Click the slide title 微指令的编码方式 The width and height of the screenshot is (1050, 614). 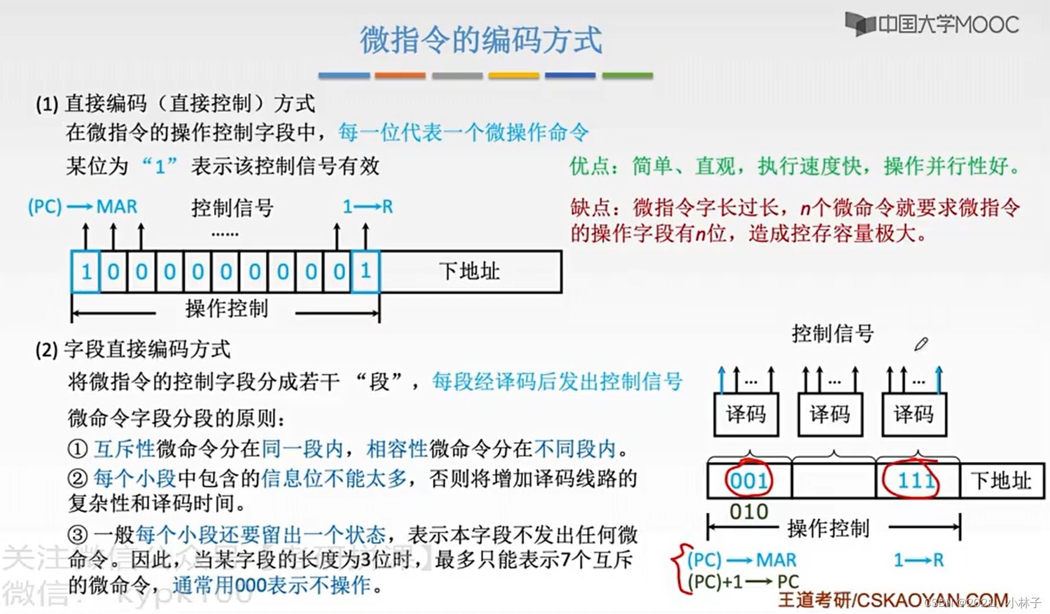tap(481, 39)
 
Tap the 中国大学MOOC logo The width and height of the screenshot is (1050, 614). tap(932, 24)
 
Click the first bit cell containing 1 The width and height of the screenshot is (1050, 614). tap(86, 271)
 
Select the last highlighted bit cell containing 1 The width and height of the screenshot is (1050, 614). tap(365, 271)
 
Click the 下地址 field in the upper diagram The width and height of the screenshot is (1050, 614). tap(469, 271)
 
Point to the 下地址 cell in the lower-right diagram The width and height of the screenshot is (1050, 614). tap(1001, 481)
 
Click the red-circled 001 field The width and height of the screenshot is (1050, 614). tap(748, 481)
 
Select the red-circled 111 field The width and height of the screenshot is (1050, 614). tap(915, 481)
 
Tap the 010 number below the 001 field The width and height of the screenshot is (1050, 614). tap(748, 512)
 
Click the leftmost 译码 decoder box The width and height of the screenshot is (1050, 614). tap(746, 414)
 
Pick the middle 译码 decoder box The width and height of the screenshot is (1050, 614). tap(830, 414)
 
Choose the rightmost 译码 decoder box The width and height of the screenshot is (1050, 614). tap(914, 414)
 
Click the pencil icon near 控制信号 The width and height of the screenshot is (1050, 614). tap(921, 344)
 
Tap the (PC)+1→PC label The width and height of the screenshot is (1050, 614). tap(743, 582)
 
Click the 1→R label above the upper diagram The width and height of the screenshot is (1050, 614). tap(368, 207)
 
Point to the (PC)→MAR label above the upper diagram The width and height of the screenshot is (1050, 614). tap(82, 207)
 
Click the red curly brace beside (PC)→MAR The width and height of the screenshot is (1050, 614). tap(678, 568)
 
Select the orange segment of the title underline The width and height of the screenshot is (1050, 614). tap(400, 75)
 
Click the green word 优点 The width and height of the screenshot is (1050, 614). tap(589, 167)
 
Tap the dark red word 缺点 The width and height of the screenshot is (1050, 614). tap(590, 208)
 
